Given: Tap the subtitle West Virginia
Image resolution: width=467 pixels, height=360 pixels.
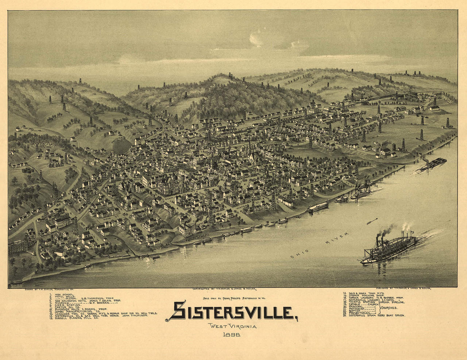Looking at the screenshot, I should pyautogui.click(x=232, y=326).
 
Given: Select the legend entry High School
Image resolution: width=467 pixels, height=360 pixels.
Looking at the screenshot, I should pyautogui.click(x=62, y=294).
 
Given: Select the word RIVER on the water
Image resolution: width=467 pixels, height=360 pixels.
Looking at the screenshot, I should pyautogui.click(x=337, y=237).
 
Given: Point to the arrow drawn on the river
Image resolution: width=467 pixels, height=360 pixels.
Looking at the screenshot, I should pyautogui.click(x=371, y=221).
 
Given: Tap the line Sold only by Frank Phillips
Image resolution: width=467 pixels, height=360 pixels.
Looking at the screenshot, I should pyautogui.click(x=233, y=298).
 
